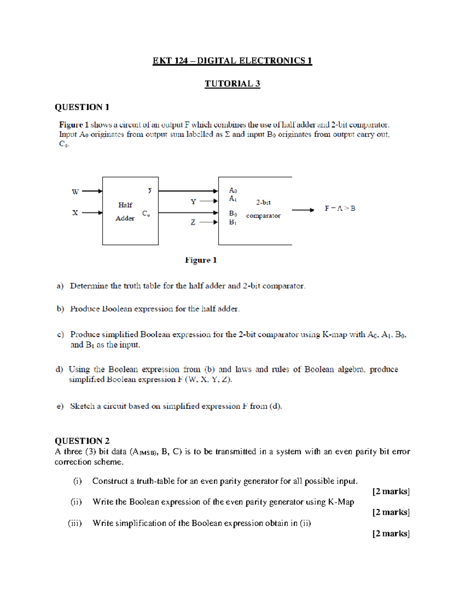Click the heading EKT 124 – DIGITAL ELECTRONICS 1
(x=232, y=61)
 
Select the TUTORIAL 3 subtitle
(x=232, y=84)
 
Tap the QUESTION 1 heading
(x=82, y=107)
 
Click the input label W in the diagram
(x=75, y=191)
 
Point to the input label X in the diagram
(x=75, y=213)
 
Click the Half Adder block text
(x=125, y=211)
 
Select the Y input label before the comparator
(x=193, y=202)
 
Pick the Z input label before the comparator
(x=193, y=223)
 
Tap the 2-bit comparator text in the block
(x=263, y=209)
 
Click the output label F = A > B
(x=340, y=209)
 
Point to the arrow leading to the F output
(x=303, y=210)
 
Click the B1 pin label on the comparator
(x=232, y=222)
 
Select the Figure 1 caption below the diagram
(x=200, y=260)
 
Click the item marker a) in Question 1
(x=60, y=286)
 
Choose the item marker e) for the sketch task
(x=60, y=406)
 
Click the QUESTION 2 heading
(x=82, y=441)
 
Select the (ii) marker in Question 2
(x=76, y=502)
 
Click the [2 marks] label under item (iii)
(x=391, y=534)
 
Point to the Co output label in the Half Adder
(x=146, y=214)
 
